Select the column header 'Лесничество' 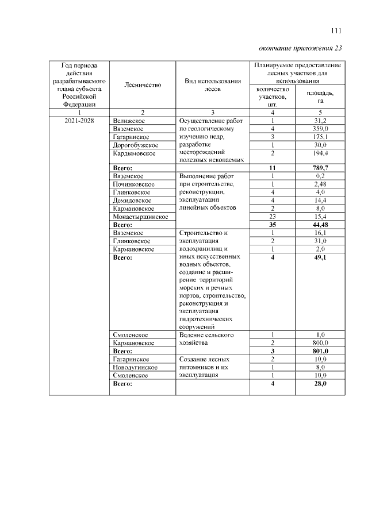[x=143, y=85]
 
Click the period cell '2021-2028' [x=79, y=121]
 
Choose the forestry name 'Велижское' [x=129, y=121]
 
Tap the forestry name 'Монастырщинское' [x=140, y=217]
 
